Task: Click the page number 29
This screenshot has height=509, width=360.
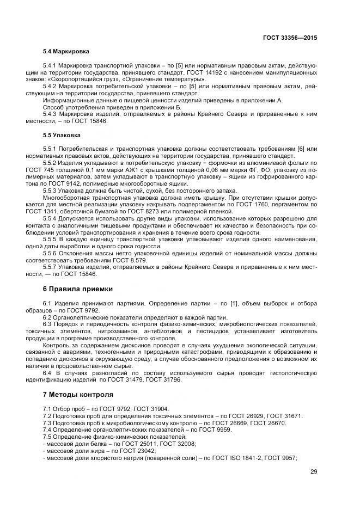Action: [x=313, y=471]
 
